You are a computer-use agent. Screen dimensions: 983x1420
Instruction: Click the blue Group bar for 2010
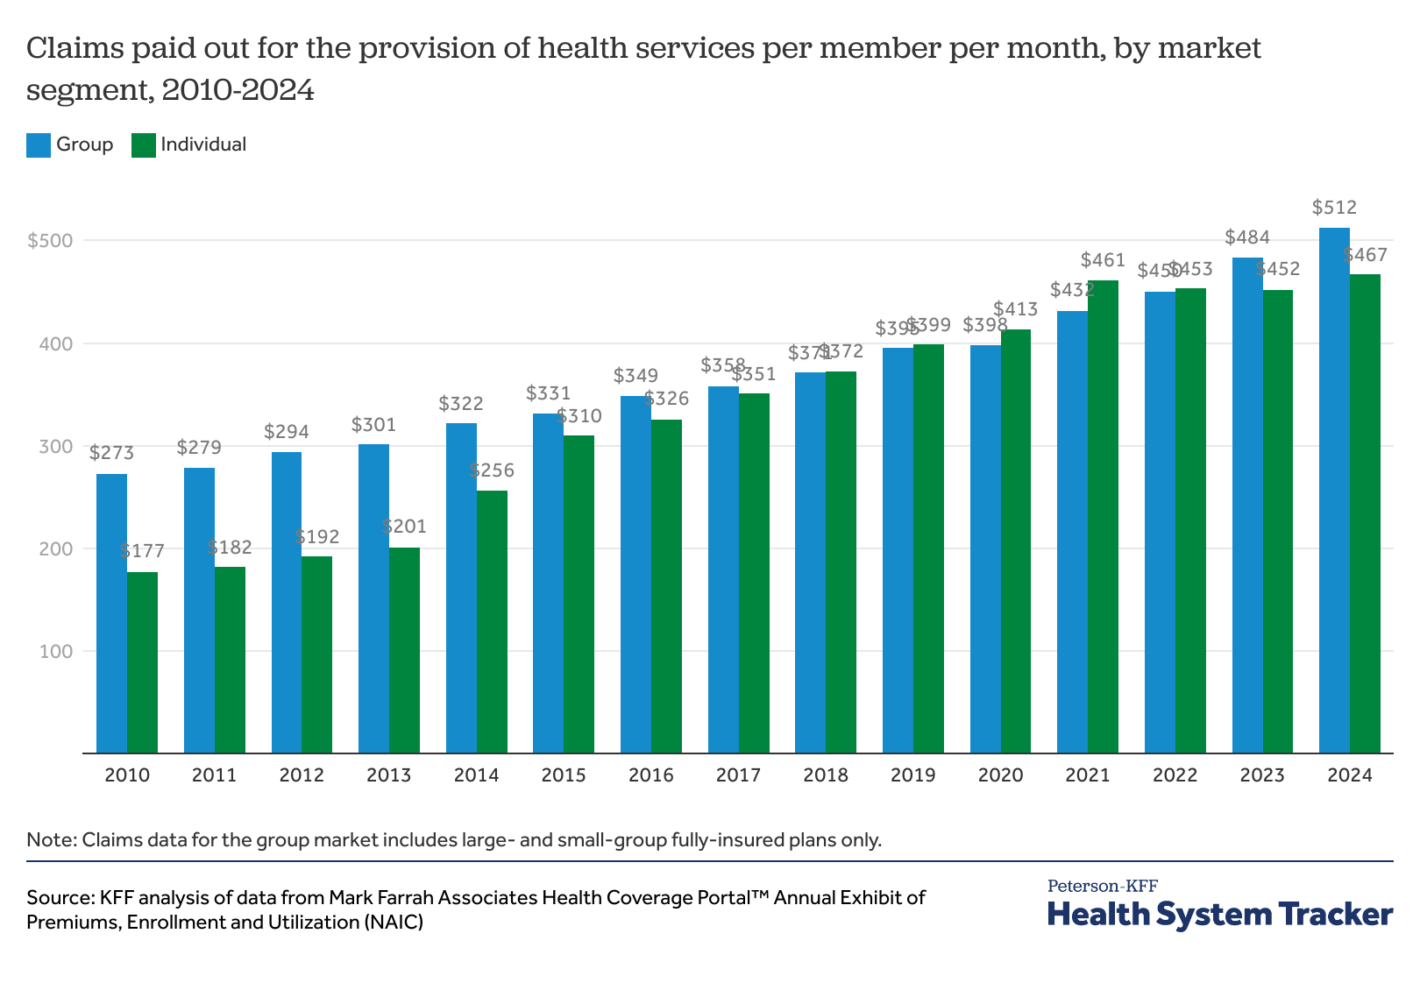111,613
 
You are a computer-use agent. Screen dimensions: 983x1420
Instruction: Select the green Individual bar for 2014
492,621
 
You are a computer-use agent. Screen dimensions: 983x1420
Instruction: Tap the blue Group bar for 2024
1334,491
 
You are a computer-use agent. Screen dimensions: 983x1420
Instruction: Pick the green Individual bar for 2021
1103,517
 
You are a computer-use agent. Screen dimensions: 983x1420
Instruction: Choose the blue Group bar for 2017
723,569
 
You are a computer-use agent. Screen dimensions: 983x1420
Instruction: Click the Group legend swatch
39,145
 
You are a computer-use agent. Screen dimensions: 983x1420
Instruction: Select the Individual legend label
203,145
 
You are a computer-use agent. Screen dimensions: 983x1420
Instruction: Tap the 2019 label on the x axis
912,775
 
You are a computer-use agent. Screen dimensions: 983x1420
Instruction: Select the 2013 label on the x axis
388,775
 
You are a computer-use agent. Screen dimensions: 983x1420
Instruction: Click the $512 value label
1334,208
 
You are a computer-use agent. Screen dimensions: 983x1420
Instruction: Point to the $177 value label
142,551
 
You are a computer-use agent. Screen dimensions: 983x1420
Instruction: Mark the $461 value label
1103,260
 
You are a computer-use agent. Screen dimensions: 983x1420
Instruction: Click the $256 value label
492,470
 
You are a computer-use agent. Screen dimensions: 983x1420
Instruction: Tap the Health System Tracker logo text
1219,914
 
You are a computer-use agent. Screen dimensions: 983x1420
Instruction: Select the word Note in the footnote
50,840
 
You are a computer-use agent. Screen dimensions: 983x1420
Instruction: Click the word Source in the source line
59,898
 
